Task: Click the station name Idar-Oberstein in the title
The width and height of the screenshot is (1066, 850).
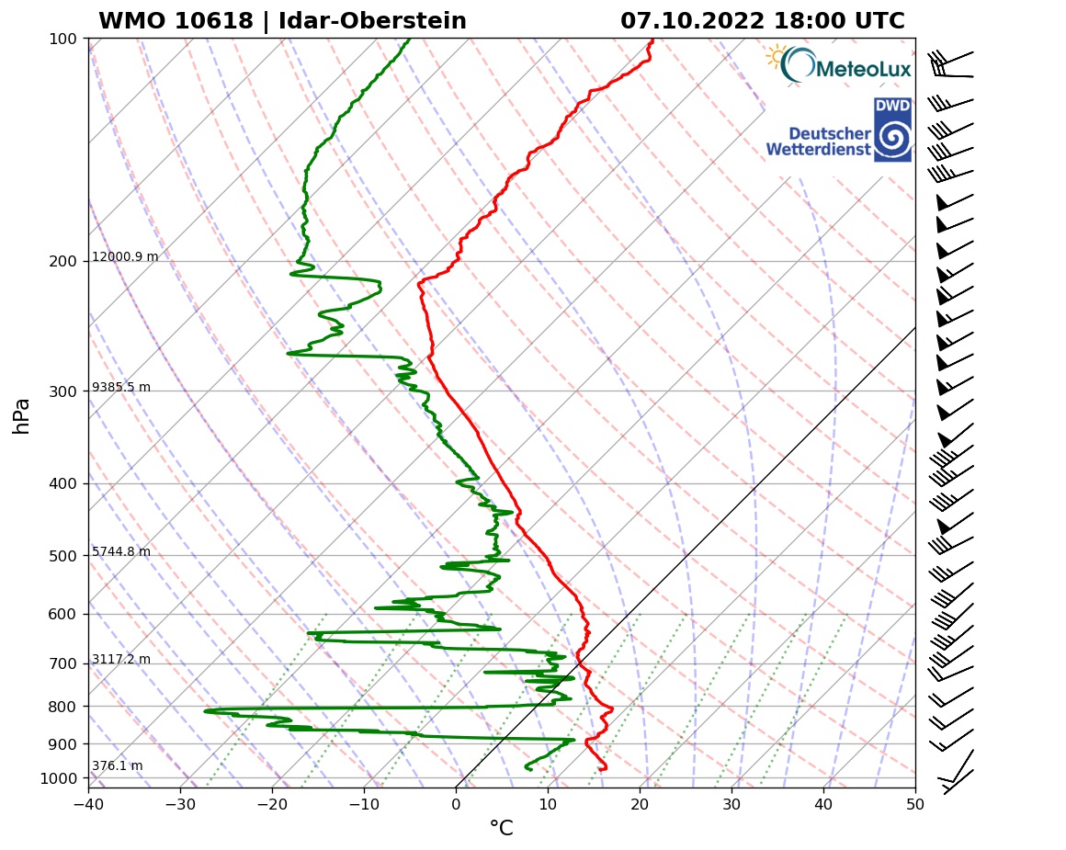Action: pos(368,21)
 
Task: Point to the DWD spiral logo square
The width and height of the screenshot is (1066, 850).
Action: pos(892,130)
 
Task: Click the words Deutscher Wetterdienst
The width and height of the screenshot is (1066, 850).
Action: pos(818,141)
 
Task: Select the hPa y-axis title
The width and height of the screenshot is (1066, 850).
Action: pos(22,416)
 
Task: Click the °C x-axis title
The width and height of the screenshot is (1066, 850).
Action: pos(501,829)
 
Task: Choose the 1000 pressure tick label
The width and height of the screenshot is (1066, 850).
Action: pos(57,779)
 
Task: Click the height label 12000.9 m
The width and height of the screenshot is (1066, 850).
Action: pos(125,257)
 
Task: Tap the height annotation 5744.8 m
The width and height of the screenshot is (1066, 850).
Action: pos(121,552)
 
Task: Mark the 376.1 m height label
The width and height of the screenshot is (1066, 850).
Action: pos(117,766)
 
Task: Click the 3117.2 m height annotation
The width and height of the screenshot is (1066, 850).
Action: pos(121,660)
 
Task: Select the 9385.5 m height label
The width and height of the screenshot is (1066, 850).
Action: pos(121,388)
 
